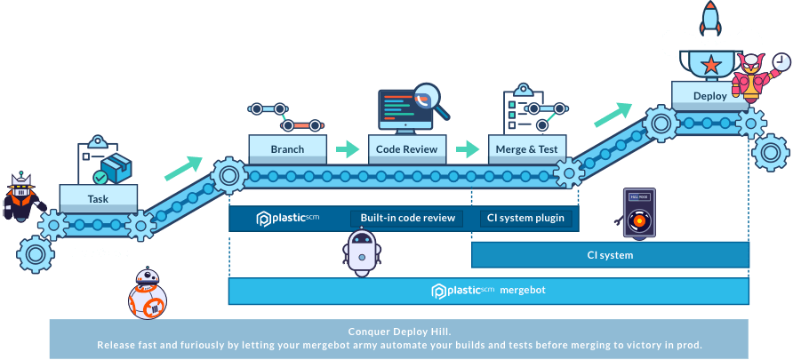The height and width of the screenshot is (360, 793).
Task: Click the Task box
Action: (98, 198)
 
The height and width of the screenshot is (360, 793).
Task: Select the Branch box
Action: (286, 149)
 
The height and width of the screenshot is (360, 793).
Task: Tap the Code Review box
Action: (407, 149)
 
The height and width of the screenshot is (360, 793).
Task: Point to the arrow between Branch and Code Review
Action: (346, 148)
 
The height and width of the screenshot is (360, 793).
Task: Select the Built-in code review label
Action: (407, 218)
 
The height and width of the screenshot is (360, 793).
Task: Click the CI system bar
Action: (610, 255)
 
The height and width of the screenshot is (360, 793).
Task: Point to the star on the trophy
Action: (710, 64)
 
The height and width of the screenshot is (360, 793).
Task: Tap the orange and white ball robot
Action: (148, 295)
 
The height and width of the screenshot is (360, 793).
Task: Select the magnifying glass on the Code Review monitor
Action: (428, 96)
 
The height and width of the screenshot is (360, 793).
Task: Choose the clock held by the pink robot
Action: (780, 62)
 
